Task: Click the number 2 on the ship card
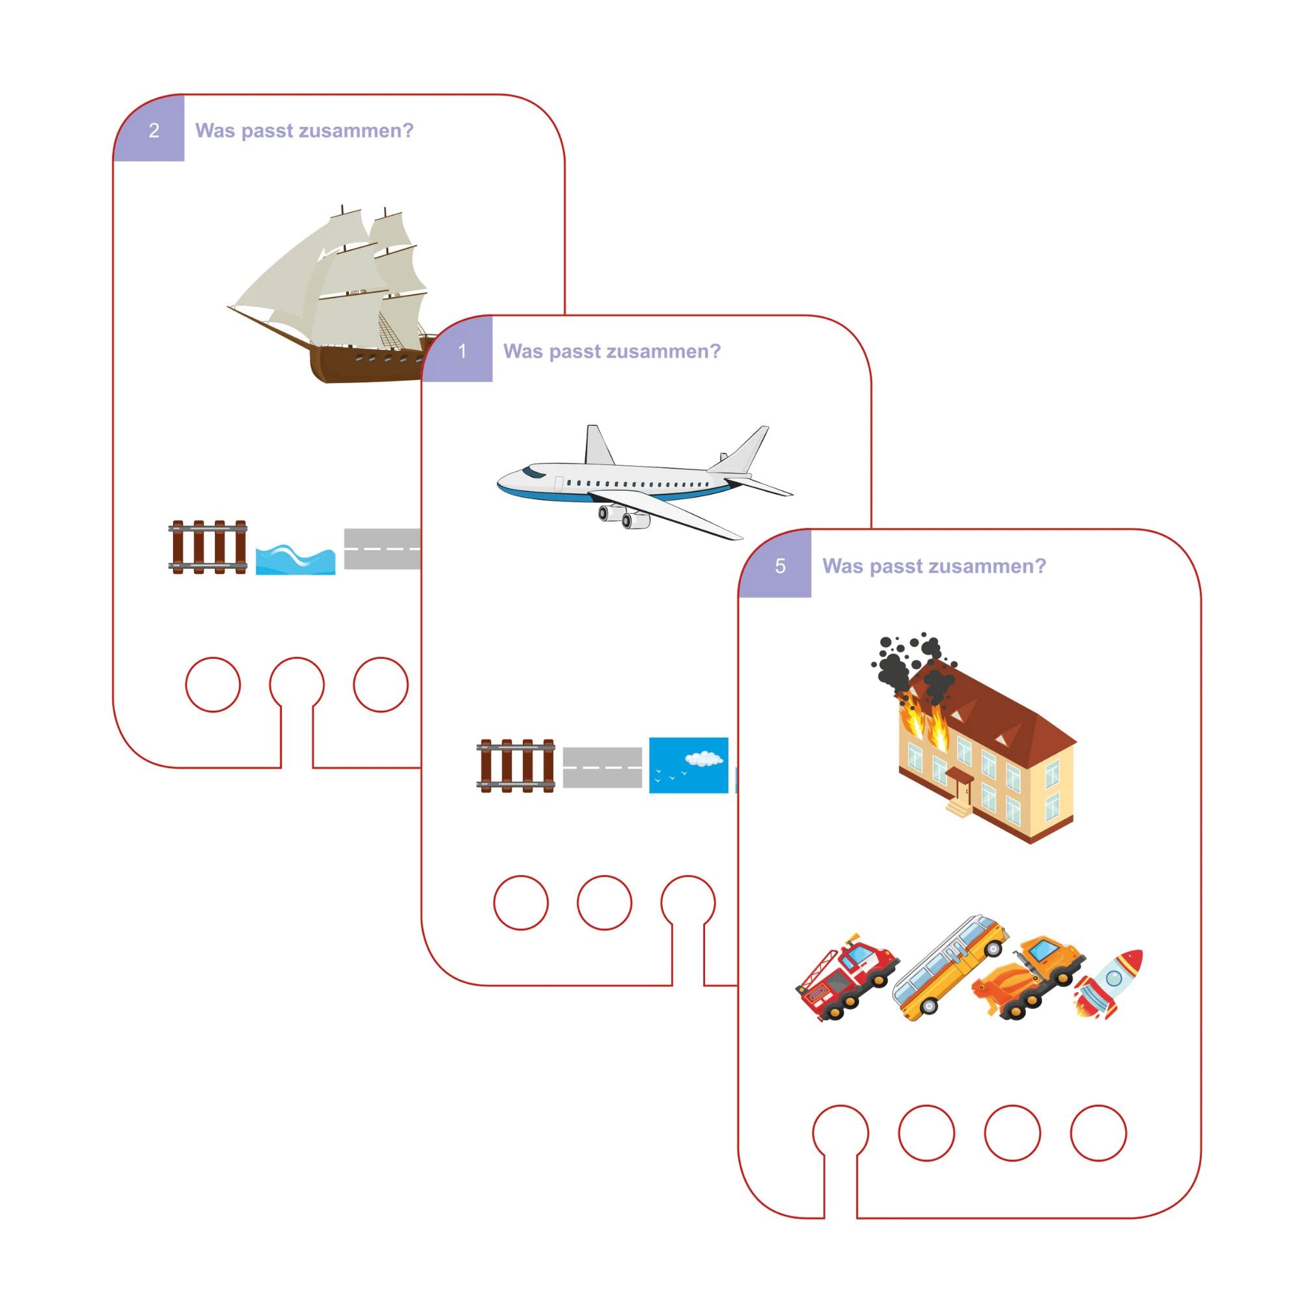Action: click(154, 130)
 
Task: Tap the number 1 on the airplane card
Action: click(462, 351)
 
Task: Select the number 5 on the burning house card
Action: click(780, 566)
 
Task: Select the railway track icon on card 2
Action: click(208, 547)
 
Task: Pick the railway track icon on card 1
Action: click(516, 766)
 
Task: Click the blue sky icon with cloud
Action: click(688, 765)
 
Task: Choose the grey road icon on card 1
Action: click(602, 767)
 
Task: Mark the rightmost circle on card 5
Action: click(1098, 1133)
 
